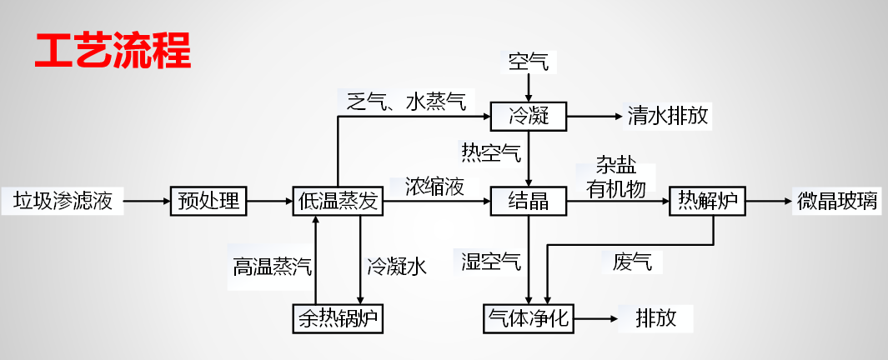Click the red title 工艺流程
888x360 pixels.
pos(113,51)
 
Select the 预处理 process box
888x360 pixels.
pos(208,201)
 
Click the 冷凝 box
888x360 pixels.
pos(529,116)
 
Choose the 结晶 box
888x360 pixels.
pos(529,201)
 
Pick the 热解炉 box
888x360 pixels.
pos(708,201)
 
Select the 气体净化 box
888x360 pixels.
pos(529,317)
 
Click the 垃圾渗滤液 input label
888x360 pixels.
pos(63,201)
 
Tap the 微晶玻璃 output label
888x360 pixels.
pos(837,201)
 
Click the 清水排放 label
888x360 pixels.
pos(668,116)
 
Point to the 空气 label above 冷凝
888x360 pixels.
pos(529,61)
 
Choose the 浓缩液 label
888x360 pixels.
pos(434,186)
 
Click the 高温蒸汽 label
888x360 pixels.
pos(273,267)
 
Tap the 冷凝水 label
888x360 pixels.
pos(397,267)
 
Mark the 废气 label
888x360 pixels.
pos(631,262)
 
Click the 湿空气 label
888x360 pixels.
pos(492,262)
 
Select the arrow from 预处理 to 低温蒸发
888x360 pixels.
pos(269,201)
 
